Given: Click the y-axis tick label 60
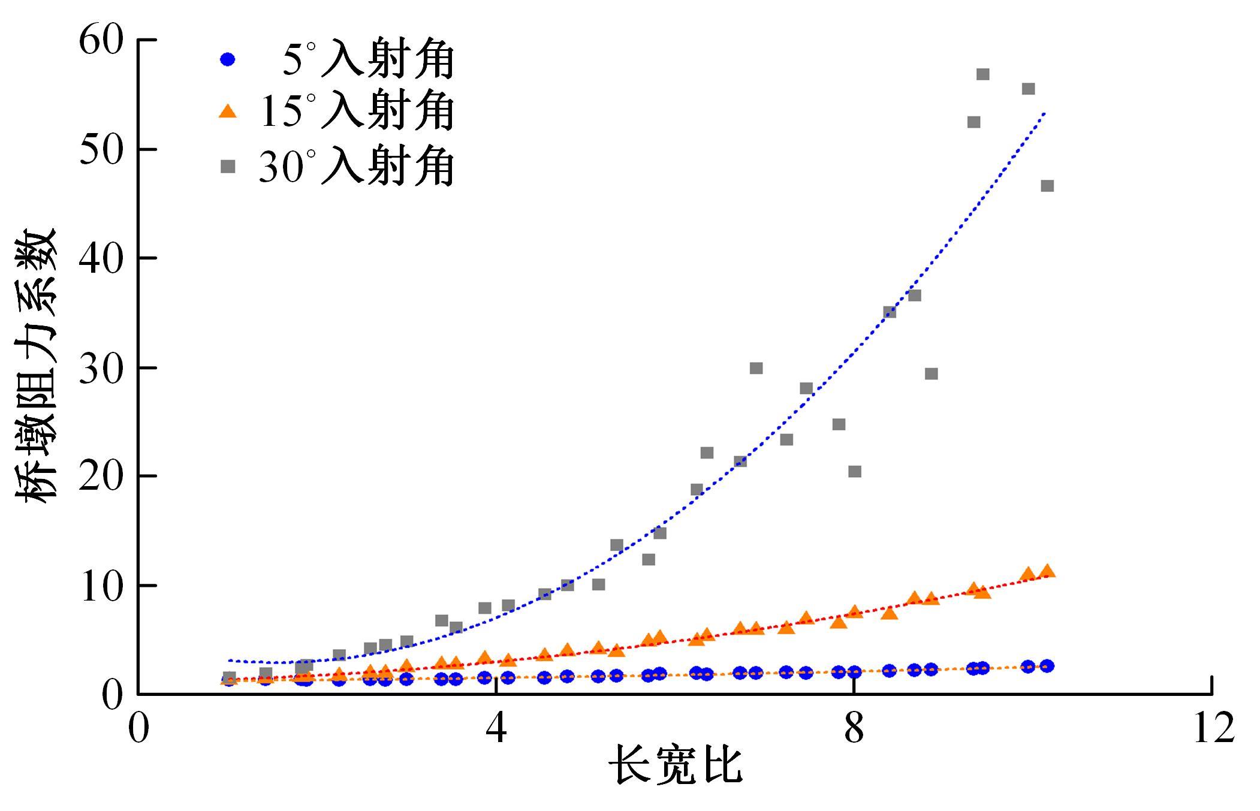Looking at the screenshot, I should [101, 41].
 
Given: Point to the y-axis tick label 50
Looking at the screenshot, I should [101, 150].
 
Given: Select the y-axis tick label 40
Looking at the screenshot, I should [101, 259].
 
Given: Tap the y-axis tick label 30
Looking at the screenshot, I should [101, 368].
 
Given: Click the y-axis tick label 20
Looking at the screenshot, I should [101, 477].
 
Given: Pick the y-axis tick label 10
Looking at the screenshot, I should [101, 586].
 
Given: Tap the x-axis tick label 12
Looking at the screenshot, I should [1212, 729].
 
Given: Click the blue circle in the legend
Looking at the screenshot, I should [228, 59].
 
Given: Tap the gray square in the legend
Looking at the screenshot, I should [228, 167].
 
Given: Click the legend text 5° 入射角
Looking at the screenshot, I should [367, 59].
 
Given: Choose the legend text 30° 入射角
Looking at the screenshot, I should [357, 165].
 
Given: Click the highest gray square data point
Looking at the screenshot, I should [982, 74].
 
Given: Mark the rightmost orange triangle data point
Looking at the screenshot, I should [1047, 571].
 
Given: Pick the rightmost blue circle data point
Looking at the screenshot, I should [1047, 666].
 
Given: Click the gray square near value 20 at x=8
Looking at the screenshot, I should [855, 472].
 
